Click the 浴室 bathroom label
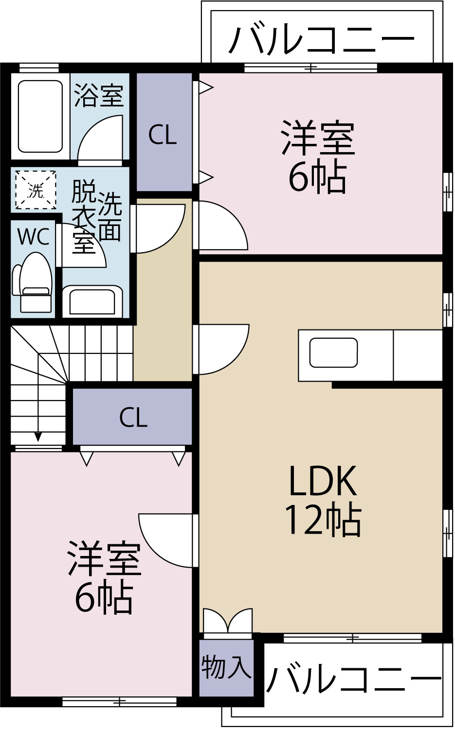(99, 95)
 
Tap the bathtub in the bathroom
(40, 116)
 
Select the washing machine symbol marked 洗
(35, 190)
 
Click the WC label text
(33, 237)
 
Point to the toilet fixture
(33, 282)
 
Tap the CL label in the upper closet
(162, 135)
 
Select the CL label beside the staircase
(133, 417)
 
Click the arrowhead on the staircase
(38, 436)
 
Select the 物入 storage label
(226, 667)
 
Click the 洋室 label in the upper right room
(318, 138)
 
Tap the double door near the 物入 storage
(227, 621)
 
